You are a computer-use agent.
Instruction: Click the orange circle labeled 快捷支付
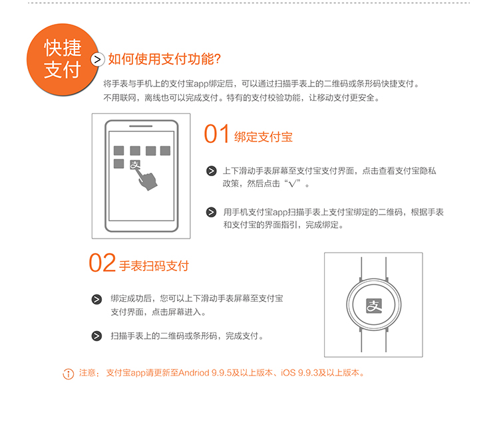(x=63, y=59)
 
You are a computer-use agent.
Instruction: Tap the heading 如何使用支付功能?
(x=164, y=59)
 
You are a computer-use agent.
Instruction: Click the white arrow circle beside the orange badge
(x=98, y=59)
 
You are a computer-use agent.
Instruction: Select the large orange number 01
(x=216, y=134)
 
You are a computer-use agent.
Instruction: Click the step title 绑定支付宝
(x=263, y=137)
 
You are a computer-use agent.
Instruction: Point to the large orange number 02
(x=102, y=263)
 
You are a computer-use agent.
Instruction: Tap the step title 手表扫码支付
(x=154, y=266)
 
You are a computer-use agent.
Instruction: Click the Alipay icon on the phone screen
(x=135, y=165)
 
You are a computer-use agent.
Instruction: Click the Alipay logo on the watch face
(x=374, y=306)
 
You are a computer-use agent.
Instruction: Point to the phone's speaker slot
(x=140, y=126)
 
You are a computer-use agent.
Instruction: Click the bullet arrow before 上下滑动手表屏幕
(x=212, y=171)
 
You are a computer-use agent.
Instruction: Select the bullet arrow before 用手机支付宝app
(x=212, y=212)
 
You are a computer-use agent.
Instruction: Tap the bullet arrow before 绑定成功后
(x=96, y=299)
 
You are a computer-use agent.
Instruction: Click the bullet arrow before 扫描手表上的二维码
(x=96, y=336)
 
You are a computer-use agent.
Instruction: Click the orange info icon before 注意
(x=68, y=374)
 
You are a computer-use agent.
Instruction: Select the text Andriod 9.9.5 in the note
(x=205, y=373)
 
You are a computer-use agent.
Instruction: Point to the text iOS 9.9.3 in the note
(x=299, y=373)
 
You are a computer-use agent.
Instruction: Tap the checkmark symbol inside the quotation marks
(x=293, y=183)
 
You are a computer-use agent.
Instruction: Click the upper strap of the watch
(x=374, y=268)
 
